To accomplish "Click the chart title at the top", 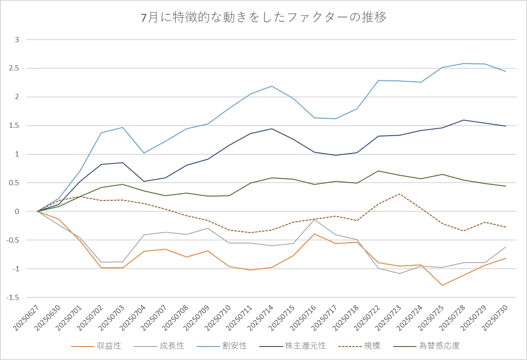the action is [x=263, y=17].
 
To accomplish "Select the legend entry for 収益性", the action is [x=96, y=346].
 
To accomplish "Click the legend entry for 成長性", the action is [x=159, y=346].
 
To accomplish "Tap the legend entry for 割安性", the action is [x=222, y=346].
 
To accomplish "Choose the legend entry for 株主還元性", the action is [x=293, y=346].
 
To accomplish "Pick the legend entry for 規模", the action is [x=359, y=346].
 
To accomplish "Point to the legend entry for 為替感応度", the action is [x=426, y=346].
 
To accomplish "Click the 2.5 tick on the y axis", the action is [x=14, y=68].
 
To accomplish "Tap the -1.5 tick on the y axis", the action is [x=13, y=297].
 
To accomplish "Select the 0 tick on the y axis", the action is [x=17, y=211].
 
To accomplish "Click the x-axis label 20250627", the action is [x=26, y=318].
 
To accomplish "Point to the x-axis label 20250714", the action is [x=260, y=318].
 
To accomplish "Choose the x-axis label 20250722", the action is [x=367, y=318].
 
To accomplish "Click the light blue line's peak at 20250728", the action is [x=463, y=63].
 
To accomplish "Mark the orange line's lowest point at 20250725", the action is [x=442, y=285].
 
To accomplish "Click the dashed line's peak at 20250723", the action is [x=400, y=194].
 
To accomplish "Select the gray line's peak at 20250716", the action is [x=314, y=220].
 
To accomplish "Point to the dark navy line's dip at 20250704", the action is [x=144, y=181].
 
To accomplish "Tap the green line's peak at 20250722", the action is [x=378, y=171].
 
